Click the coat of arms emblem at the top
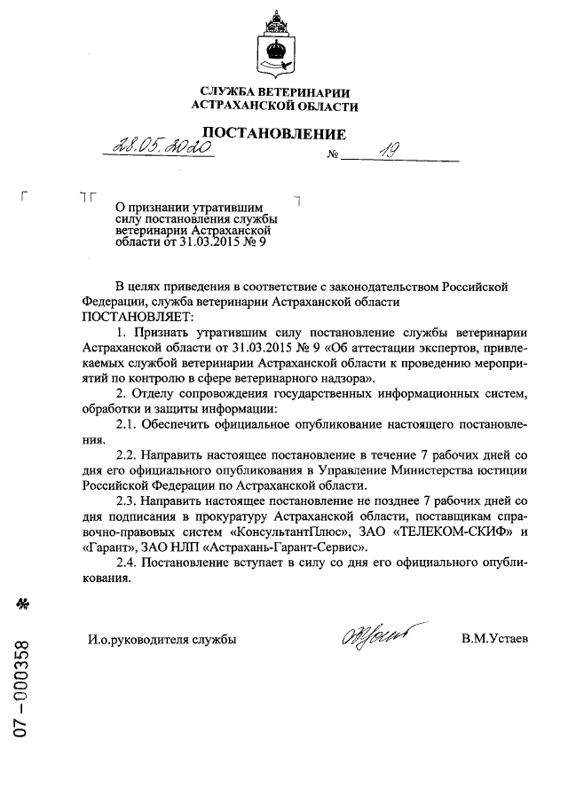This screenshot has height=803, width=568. point(275,43)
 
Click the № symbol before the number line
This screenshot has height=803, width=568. point(334,157)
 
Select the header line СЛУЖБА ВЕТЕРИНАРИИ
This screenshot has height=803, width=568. point(275,92)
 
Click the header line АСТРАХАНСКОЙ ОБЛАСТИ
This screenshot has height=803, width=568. point(275,106)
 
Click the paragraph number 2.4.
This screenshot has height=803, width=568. point(130,563)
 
